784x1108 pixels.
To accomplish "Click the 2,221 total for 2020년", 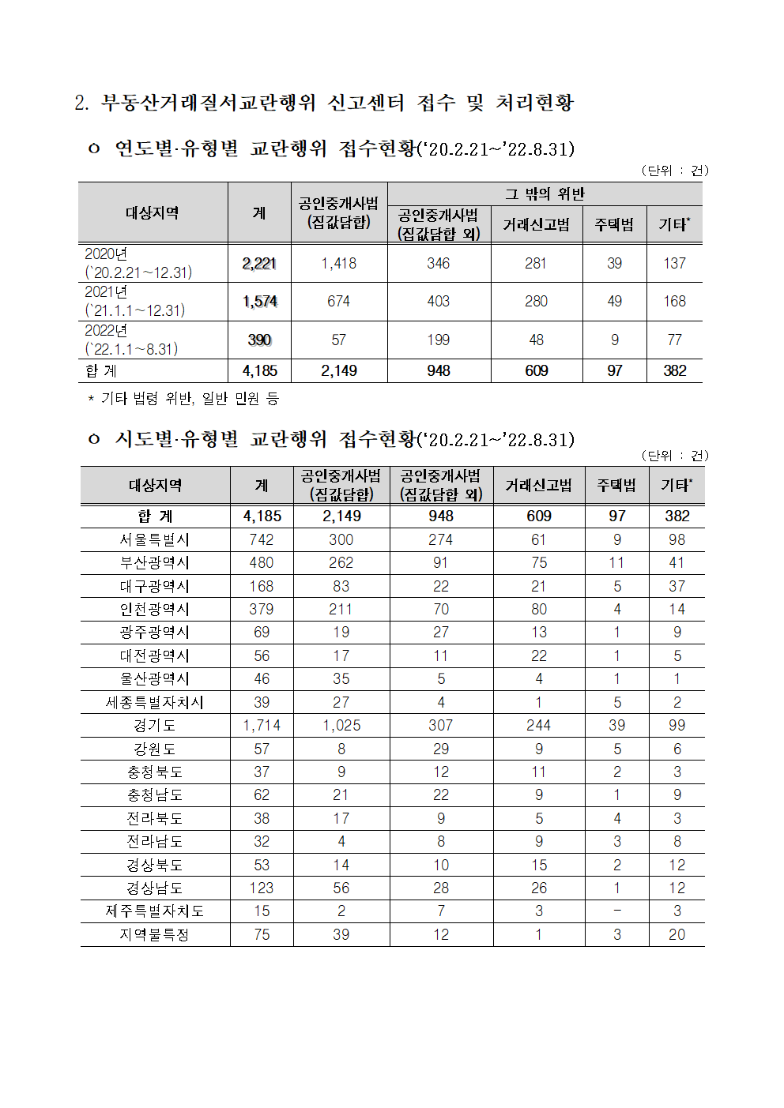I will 259,264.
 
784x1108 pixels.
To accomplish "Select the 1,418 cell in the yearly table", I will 339,264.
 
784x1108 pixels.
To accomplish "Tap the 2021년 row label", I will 134,302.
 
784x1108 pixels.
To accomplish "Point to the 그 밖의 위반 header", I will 545,194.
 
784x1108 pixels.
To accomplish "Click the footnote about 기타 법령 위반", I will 183,399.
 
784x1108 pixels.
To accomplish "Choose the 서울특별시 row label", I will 155,540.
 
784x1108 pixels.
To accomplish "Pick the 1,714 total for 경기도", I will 262,726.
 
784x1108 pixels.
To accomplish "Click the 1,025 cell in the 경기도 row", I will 341,726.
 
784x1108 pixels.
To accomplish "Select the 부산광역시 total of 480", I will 262,563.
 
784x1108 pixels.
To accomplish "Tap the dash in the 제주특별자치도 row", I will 617,911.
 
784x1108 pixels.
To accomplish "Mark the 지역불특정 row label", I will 155,935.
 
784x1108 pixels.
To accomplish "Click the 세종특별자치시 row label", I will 155,703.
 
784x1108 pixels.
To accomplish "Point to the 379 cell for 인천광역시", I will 262,610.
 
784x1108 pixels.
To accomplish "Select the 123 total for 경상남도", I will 262,888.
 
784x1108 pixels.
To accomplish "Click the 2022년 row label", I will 131,340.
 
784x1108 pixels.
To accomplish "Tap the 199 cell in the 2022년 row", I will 439,340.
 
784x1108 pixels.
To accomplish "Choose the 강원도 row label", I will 155,749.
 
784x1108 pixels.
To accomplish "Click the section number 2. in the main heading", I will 81,103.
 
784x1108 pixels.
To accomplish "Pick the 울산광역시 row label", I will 155,679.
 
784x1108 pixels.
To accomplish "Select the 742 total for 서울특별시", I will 262,540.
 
